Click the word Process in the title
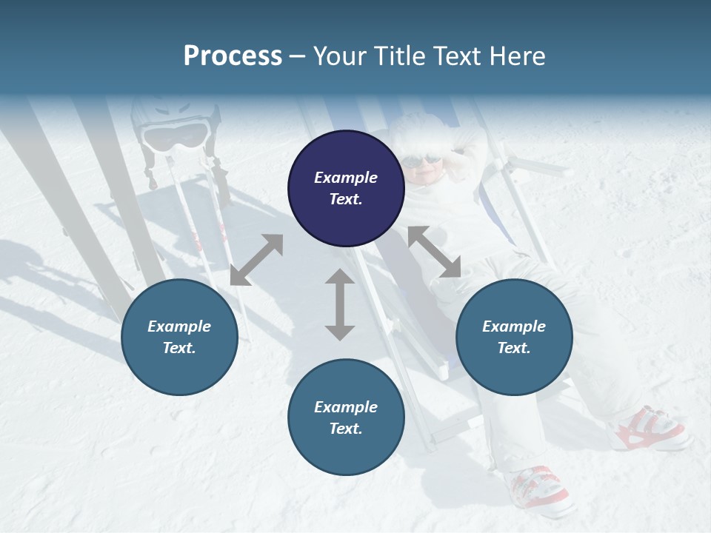233,56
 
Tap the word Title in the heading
397,56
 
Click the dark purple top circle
346,189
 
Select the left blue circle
179,338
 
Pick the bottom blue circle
346,418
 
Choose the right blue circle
514,338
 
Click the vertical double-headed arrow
340,304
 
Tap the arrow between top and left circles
256,260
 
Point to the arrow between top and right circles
434,252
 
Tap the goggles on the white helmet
175,136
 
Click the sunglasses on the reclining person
423,160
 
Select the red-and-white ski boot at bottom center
538,489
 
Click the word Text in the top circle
346,199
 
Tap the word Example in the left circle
179,326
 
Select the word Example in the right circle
514,326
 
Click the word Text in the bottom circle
346,429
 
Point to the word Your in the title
338,56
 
